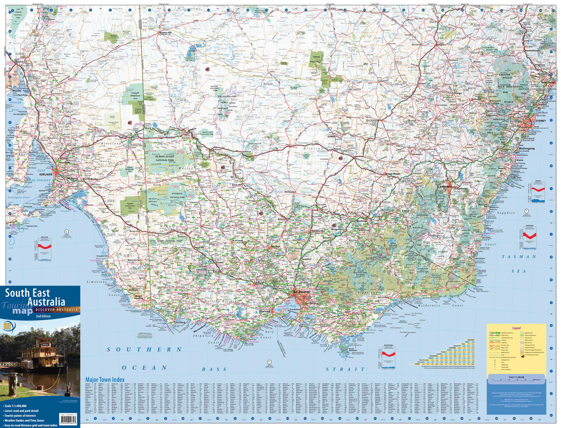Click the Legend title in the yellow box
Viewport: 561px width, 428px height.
point(516,328)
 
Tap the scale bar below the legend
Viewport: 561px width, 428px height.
point(516,378)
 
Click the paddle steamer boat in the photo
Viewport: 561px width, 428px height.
point(42,353)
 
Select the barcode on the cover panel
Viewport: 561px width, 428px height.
point(70,419)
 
